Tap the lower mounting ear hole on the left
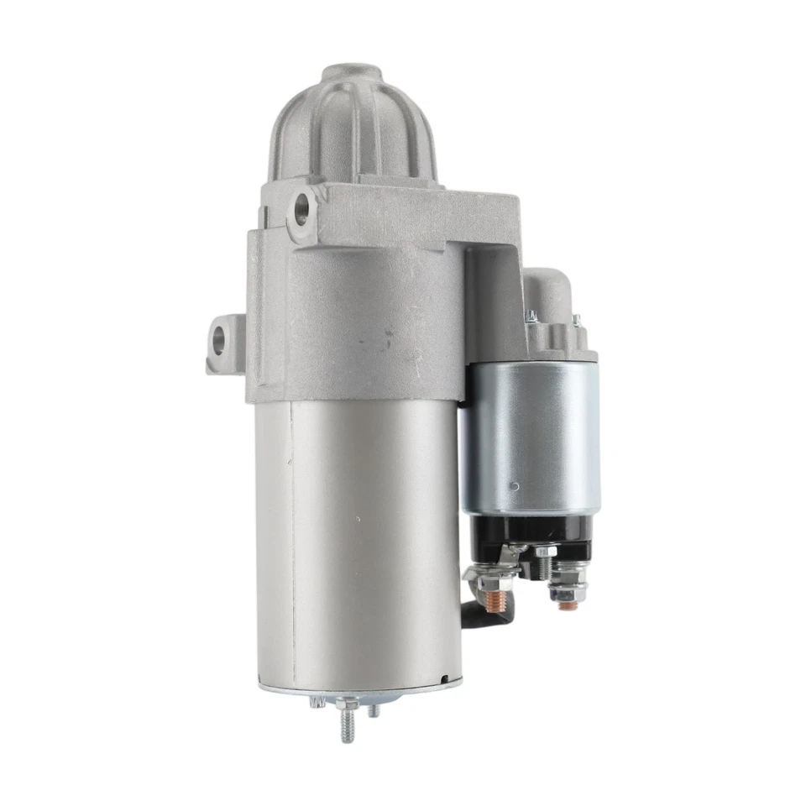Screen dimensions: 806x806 220,338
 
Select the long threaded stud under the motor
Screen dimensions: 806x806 346,725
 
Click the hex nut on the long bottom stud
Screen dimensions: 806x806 343,704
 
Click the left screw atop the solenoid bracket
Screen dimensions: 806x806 531,317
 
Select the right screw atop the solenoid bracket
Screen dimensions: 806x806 576,320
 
